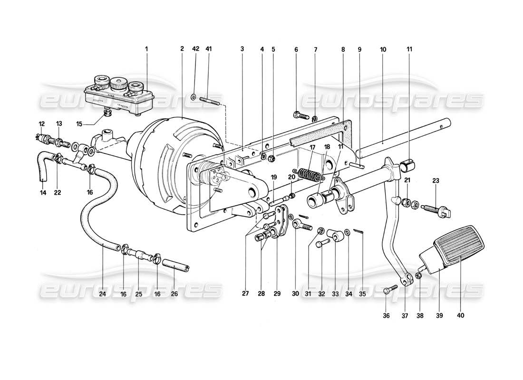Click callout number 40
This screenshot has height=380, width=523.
(x=460, y=315)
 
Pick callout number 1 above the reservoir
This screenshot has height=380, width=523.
(x=147, y=49)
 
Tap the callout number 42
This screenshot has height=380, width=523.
(x=195, y=49)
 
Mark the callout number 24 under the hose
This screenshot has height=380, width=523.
(x=103, y=294)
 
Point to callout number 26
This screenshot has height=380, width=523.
(x=174, y=294)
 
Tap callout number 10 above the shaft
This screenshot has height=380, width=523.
(x=383, y=49)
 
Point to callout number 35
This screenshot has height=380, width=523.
(x=362, y=294)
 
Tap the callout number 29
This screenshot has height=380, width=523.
(x=277, y=294)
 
